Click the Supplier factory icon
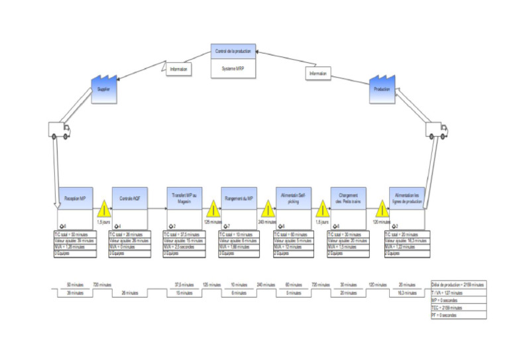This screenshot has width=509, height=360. click(x=103, y=88)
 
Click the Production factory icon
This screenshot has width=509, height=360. click(x=381, y=88)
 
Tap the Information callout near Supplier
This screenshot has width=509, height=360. click(x=178, y=69)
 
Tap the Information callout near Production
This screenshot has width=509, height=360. click(x=317, y=74)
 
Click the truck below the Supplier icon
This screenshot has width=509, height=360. click(x=58, y=130)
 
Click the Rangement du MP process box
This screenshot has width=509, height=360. click(x=239, y=198)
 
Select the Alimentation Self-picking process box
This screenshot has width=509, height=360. click(x=293, y=198)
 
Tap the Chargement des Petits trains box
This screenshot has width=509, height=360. click(x=348, y=198)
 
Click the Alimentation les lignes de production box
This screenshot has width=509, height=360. click(x=402, y=198)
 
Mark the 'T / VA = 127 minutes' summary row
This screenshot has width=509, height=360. click(x=458, y=292)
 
